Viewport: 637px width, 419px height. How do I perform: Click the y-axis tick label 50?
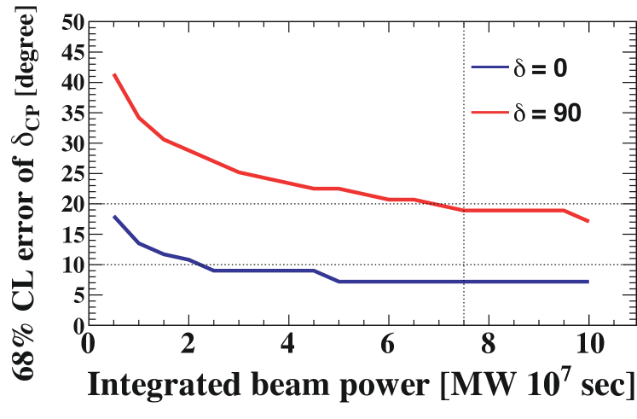coord(72,23)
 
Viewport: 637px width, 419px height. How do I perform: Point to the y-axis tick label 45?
coord(72,53)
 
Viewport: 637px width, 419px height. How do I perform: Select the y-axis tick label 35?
coord(72,113)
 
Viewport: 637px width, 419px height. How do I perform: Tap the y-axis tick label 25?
coord(72,174)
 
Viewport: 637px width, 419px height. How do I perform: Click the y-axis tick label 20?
coord(72,204)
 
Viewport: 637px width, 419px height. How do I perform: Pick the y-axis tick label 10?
coord(72,265)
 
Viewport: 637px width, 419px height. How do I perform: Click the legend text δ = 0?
coord(547,67)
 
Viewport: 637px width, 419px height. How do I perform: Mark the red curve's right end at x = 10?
coord(588,222)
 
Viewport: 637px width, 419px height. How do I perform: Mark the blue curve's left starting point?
coord(114,217)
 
